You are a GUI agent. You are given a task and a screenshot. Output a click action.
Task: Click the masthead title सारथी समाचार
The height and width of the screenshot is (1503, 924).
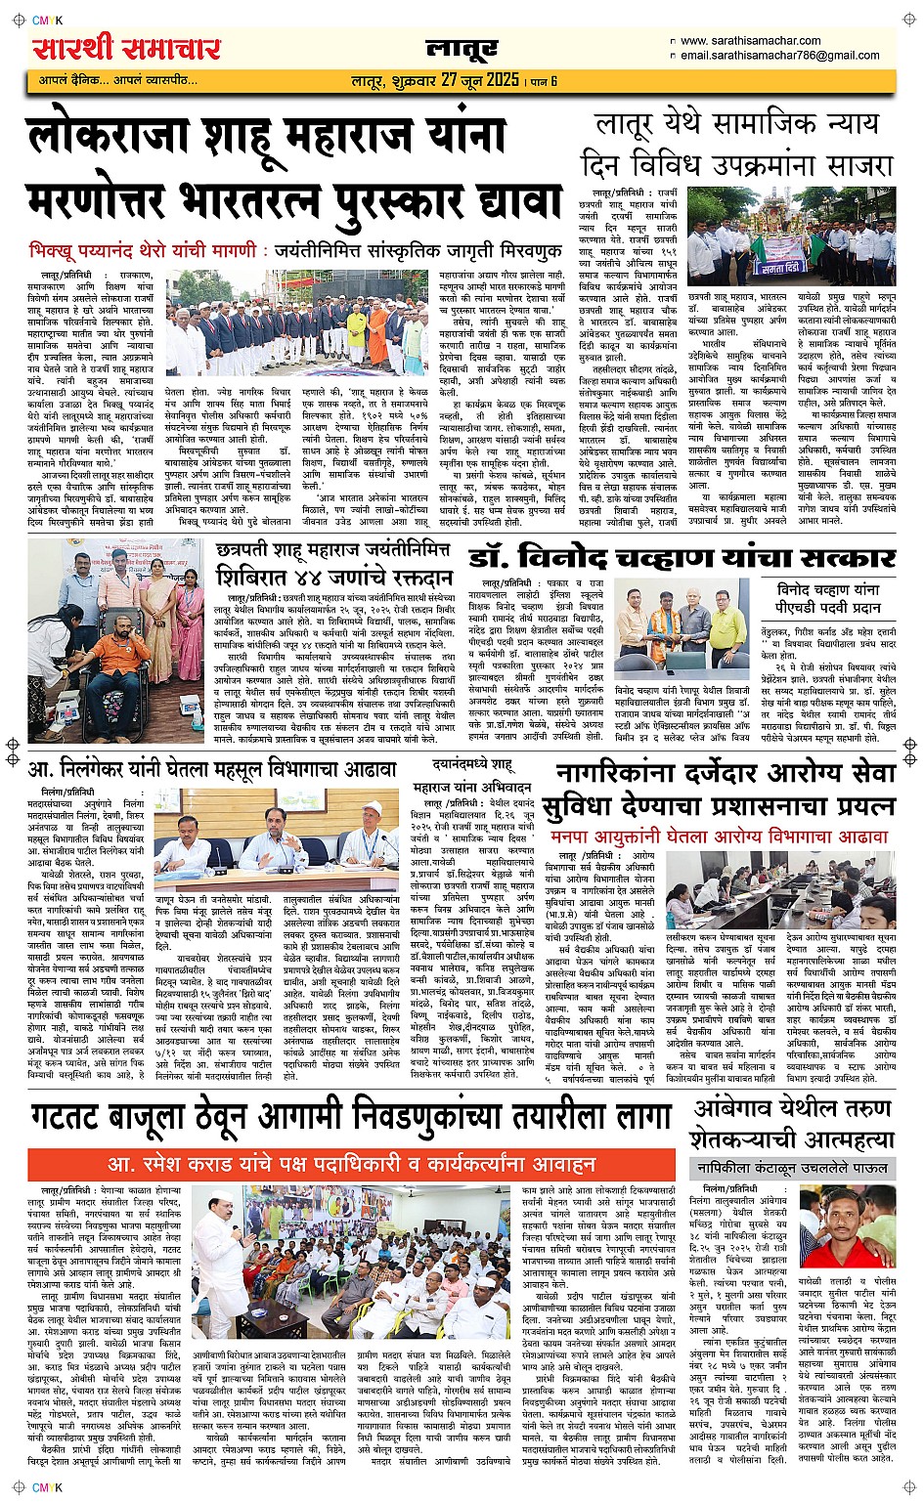(127, 47)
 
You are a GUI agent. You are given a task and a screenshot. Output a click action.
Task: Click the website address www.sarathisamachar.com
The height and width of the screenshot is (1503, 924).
(750, 41)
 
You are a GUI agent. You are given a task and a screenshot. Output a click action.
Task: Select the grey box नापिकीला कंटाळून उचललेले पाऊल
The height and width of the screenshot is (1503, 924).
(791, 1168)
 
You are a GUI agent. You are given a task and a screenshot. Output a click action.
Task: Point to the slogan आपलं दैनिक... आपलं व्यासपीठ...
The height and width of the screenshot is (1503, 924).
(117, 80)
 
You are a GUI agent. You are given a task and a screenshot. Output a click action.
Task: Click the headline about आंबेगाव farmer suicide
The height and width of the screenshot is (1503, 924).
(791, 1124)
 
